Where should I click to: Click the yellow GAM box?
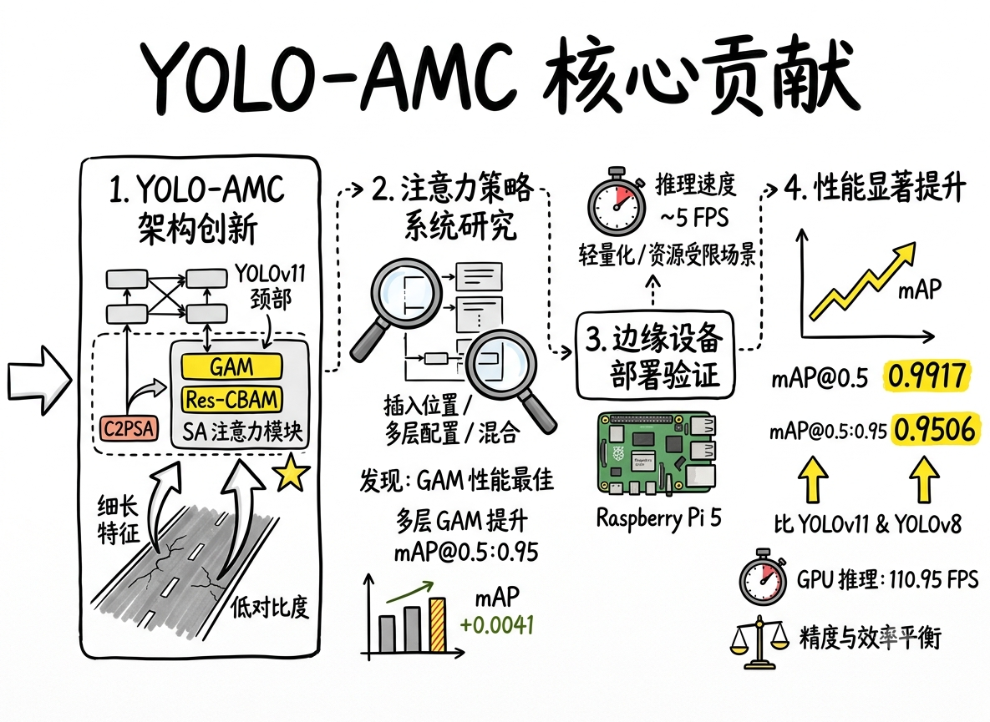[x=231, y=366]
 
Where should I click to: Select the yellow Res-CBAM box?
[x=231, y=399]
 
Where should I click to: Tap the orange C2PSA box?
[x=129, y=429]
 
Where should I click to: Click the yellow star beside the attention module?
[x=292, y=473]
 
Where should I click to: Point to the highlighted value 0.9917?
[x=927, y=376]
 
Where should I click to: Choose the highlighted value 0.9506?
[x=935, y=430]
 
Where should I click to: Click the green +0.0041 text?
[x=498, y=625]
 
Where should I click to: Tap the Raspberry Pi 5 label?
[x=658, y=518]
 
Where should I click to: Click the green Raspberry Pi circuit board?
[x=657, y=453]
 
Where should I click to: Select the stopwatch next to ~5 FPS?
[x=617, y=203]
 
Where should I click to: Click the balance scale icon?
[x=759, y=641]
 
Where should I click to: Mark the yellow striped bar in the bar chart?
[x=438, y=625]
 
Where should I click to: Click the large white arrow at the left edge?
[x=39, y=380]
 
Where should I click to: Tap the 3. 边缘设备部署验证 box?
[x=655, y=356]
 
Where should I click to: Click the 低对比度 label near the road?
[x=270, y=608]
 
